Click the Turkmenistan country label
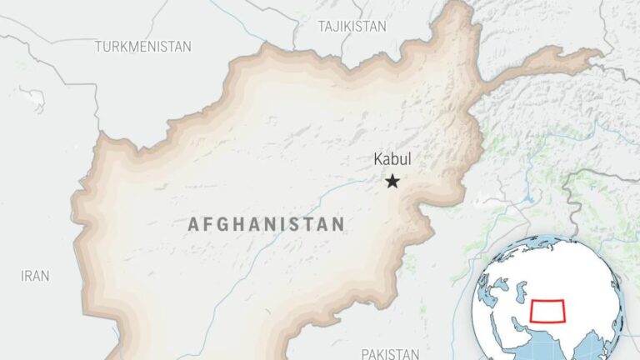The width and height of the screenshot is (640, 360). pyautogui.click(x=142, y=47)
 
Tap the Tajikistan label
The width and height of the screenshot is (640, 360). pyautogui.click(x=352, y=27)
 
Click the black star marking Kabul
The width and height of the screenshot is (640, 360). pyautogui.click(x=392, y=181)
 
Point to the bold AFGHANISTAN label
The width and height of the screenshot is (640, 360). pyautogui.click(x=266, y=223)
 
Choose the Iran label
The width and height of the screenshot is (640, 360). pyautogui.click(x=35, y=275)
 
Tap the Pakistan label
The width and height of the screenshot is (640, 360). pyautogui.click(x=390, y=353)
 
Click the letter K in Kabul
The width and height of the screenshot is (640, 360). pyautogui.click(x=376, y=159)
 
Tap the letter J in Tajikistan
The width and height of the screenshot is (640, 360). pyautogui.click(x=338, y=27)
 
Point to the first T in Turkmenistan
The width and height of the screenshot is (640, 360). pyautogui.click(x=98, y=47)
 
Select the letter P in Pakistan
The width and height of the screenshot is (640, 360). pyautogui.click(x=365, y=353)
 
